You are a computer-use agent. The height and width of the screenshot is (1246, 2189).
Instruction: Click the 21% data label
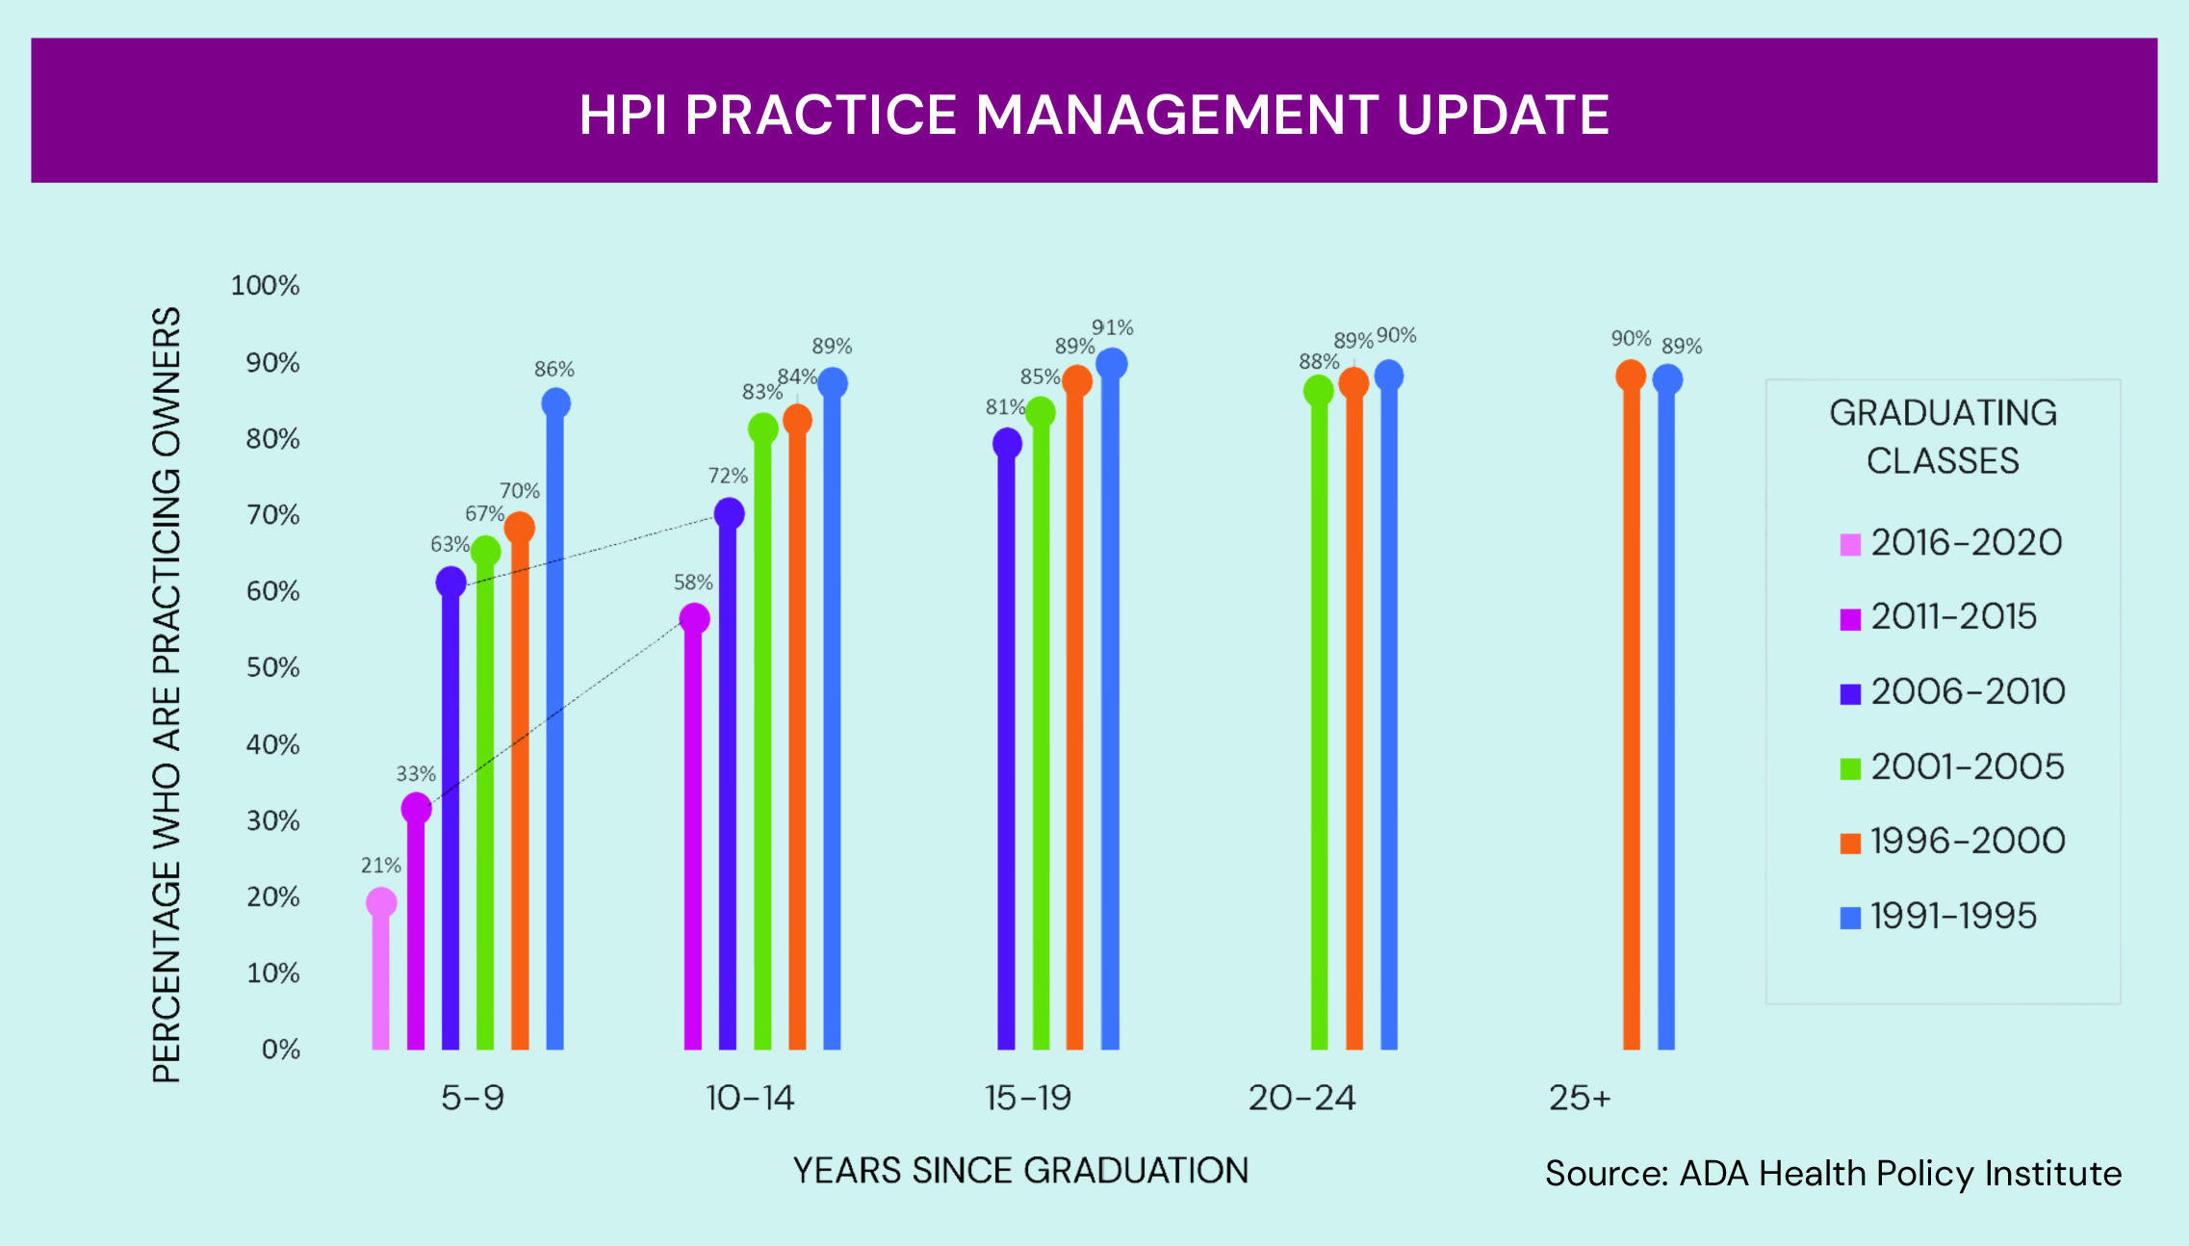(x=381, y=866)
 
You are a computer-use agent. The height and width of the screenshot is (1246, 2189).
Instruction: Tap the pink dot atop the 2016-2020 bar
(x=381, y=902)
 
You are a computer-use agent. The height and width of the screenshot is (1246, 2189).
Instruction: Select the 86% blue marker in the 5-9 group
(x=555, y=402)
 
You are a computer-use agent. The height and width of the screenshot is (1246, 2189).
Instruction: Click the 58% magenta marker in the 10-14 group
(x=694, y=618)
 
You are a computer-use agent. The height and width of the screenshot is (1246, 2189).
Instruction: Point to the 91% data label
(x=1113, y=327)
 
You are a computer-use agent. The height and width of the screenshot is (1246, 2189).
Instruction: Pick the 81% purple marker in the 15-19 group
(x=1007, y=443)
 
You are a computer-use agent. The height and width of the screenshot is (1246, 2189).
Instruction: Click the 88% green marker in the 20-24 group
(x=1319, y=390)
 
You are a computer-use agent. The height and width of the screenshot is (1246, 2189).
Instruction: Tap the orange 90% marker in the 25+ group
(x=1631, y=375)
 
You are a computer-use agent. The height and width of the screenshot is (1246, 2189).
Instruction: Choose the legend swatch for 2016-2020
(x=1850, y=545)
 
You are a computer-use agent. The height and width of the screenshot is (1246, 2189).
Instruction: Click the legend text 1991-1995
(x=1954, y=916)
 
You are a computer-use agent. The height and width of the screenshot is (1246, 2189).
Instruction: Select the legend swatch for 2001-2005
(x=1850, y=768)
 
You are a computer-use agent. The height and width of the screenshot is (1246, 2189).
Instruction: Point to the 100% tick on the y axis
(x=266, y=286)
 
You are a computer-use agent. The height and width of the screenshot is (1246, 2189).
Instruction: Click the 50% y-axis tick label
(x=273, y=667)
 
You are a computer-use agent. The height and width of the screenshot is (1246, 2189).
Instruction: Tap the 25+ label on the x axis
(x=1580, y=1098)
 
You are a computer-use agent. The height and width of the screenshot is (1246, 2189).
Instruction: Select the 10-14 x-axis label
(x=750, y=1098)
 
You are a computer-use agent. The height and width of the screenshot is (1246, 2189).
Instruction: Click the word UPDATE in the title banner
(x=1503, y=115)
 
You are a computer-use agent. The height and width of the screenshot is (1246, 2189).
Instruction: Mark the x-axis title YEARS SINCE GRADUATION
(x=1020, y=1171)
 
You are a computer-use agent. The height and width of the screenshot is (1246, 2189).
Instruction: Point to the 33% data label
(x=416, y=774)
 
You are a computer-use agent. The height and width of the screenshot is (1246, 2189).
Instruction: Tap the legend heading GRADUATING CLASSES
(x=1944, y=437)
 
